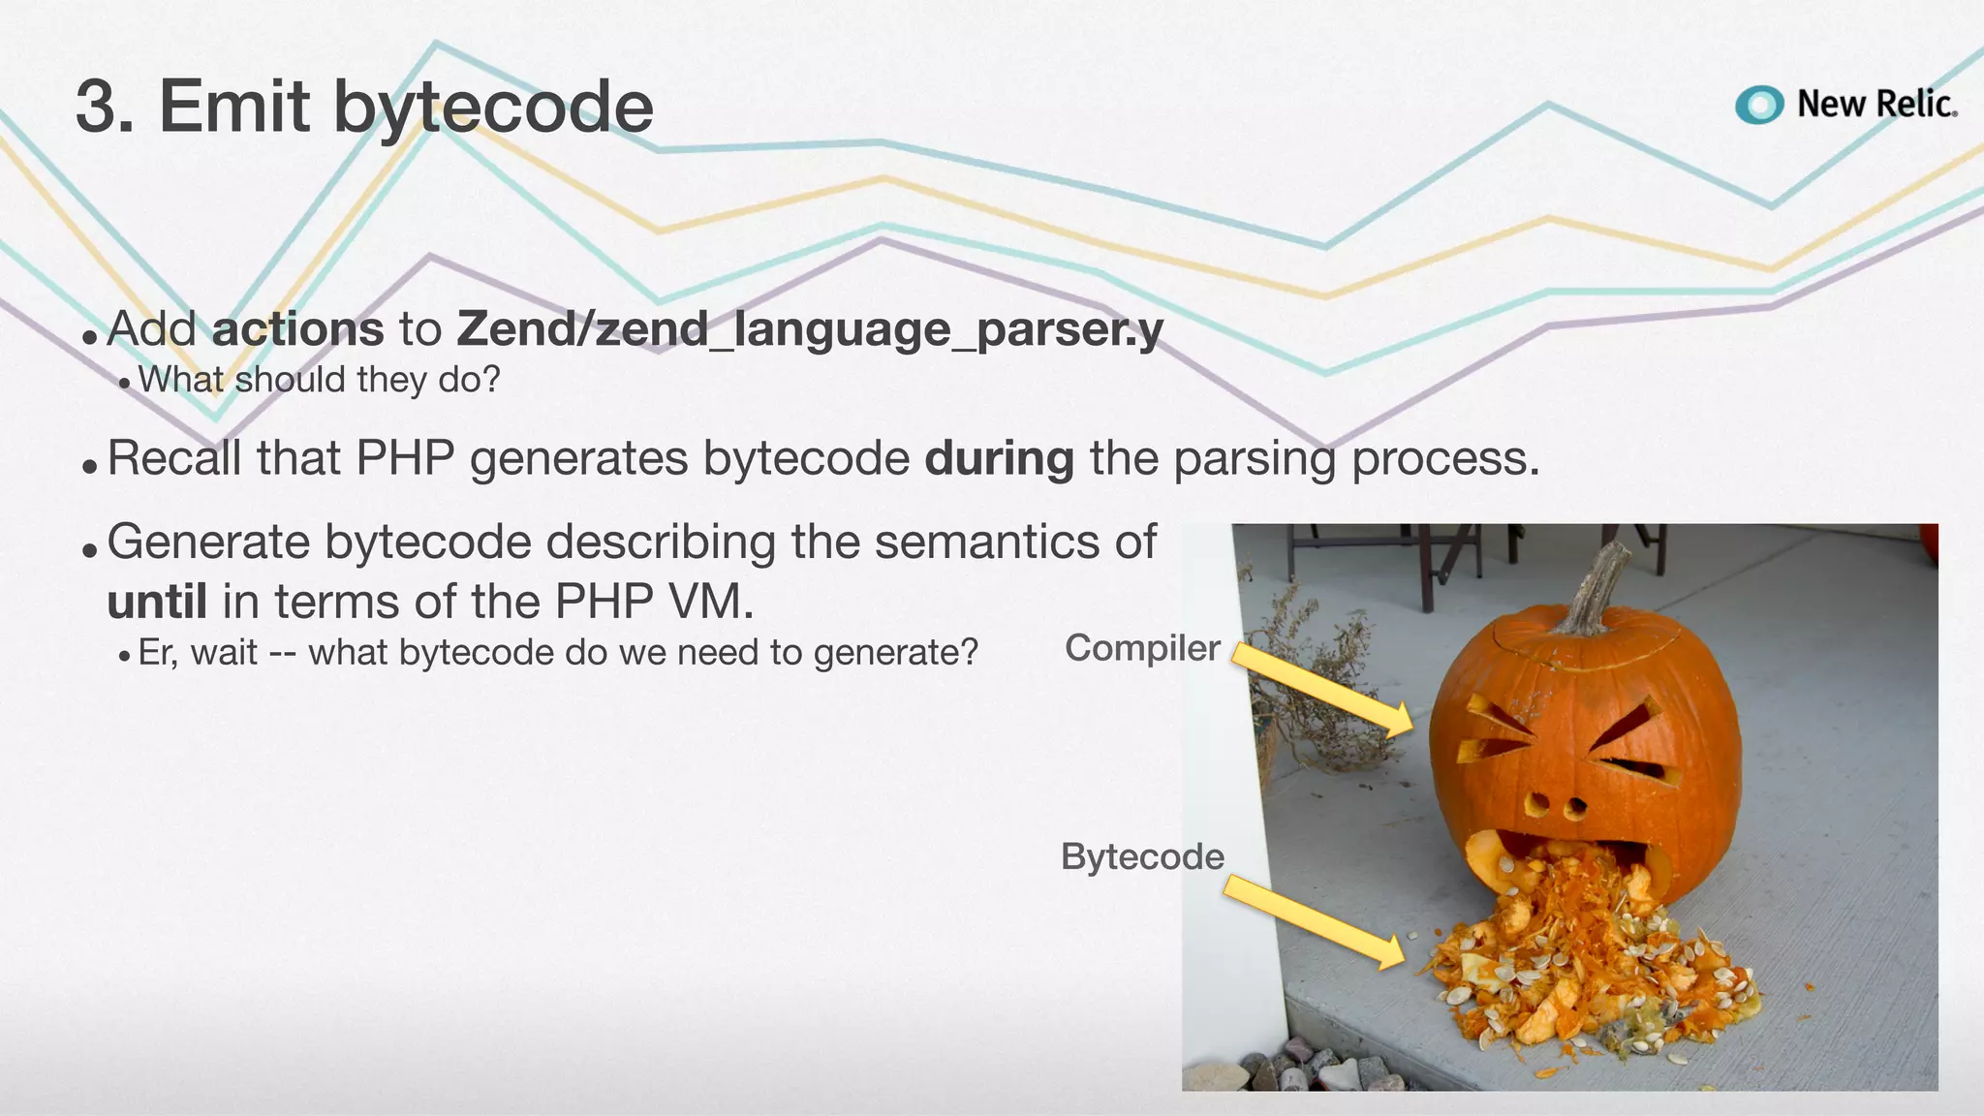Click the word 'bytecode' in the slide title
point(493,107)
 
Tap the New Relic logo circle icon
point(1758,105)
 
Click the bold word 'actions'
point(297,328)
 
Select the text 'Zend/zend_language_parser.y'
point(810,329)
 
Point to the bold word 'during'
point(999,458)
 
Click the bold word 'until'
point(157,602)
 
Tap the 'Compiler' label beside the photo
point(1142,647)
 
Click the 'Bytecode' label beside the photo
point(1142,856)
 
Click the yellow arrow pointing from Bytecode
point(1313,920)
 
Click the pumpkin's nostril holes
point(1557,804)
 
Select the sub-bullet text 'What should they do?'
point(319,380)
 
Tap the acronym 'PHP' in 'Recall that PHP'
point(405,458)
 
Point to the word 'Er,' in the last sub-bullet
point(158,652)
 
